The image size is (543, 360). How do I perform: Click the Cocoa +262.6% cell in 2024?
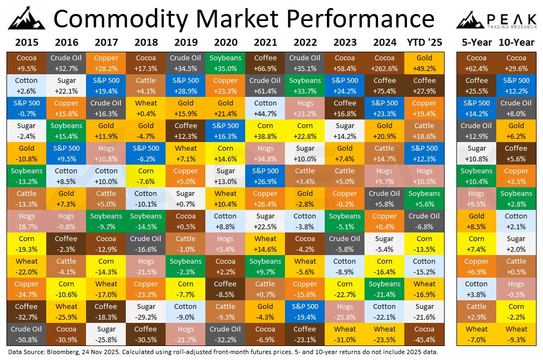pos(384,63)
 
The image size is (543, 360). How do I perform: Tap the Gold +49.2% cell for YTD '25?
pos(424,63)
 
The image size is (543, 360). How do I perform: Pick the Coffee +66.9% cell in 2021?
pos(265,63)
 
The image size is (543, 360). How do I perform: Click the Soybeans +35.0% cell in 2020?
pos(225,63)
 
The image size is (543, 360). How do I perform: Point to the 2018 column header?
pos(146,42)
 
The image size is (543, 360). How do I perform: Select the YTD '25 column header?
pos(424,42)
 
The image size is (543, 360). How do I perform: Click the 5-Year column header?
pos(476,42)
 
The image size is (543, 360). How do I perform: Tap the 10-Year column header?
pos(516,42)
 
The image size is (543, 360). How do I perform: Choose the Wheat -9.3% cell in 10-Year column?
pos(516,334)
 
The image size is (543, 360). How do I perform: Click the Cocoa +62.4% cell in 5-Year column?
pos(476,63)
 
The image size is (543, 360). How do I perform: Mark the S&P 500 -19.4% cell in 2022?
pos(305,312)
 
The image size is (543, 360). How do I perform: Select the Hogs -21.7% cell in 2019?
pos(185,334)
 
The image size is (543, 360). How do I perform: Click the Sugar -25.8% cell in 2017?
pos(106,334)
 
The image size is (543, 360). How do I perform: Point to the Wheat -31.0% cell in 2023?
pos(345,334)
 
